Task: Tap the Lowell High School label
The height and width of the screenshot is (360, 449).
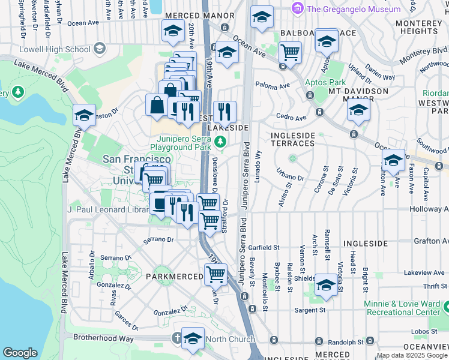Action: [x=55, y=49]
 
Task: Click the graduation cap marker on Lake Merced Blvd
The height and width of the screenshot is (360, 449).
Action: [x=84, y=115]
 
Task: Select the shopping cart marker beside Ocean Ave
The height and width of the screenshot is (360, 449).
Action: [x=290, y=52]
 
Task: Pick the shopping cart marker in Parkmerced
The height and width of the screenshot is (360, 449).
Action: [x=215, y=274]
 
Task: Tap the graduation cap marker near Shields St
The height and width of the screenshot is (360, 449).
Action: [x=326, y=285]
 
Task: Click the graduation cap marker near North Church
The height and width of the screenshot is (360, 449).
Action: [x=193, y=338]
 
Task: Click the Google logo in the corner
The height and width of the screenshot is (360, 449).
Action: [x=20, y=353]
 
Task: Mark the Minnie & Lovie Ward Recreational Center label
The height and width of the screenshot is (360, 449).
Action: [x=406, y=307]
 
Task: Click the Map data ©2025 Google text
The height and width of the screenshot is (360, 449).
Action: [x=412, y=355]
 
